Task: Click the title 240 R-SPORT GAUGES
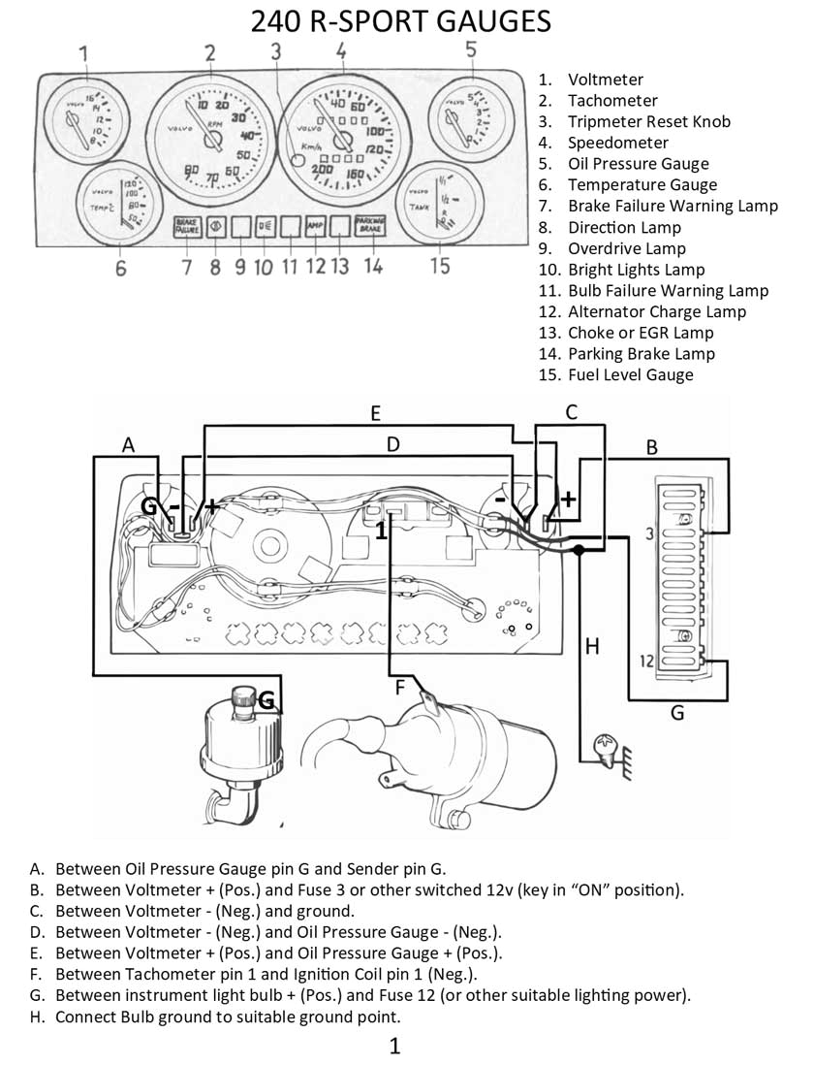[x=400, y=21]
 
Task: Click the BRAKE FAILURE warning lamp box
[x=186, y=227]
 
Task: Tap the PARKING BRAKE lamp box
[x=372, y=227]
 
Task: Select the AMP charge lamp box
[x=315, y=227]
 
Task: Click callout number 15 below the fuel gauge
[x=440, y=265]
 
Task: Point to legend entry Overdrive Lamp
[x=626, y=248]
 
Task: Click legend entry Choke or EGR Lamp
[x=641, y=333]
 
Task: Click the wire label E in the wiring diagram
[x=375, y=414]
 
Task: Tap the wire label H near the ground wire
[x=593, y=645]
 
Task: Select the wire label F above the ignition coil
[x=398, y=689]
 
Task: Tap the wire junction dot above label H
[x=579, y=550]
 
